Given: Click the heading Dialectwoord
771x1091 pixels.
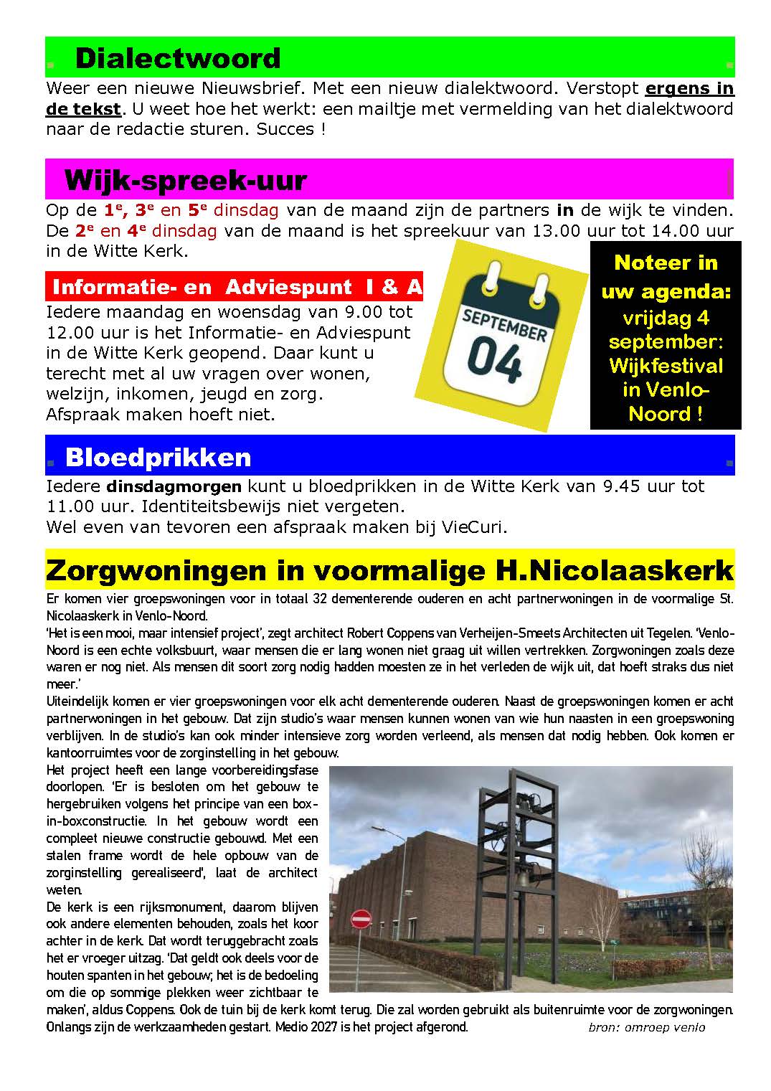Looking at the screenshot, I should [177, 58].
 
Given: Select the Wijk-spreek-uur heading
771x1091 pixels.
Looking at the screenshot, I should [185, 179].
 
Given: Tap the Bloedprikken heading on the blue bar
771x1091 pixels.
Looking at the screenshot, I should [158, 457].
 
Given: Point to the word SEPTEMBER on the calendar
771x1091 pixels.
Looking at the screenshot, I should [504, 323].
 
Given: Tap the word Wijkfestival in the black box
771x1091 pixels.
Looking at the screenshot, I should [666, 366].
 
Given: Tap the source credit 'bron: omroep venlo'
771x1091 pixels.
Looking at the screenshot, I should [646, 1027].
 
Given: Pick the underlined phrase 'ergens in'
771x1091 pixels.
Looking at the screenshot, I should [689, 89].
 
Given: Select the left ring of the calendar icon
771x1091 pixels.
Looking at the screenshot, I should [492, 275].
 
